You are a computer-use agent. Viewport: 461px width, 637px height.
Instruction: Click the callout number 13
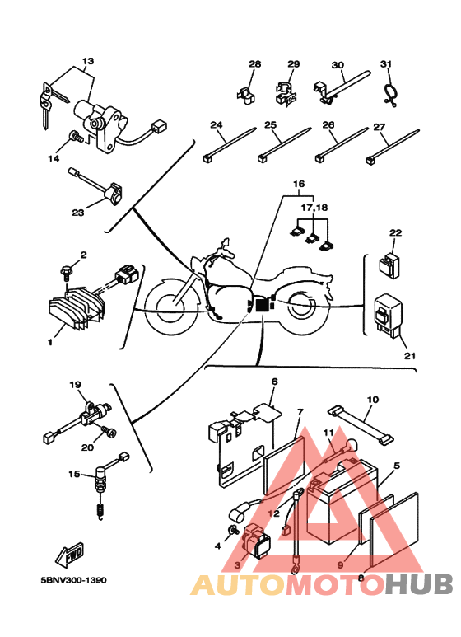(x=88, y=61)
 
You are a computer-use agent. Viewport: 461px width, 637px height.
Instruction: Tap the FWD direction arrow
(x=70, y=555)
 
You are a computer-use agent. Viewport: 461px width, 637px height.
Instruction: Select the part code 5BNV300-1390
(x=73, y=580)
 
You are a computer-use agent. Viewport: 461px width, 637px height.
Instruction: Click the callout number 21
(x=410, y=356)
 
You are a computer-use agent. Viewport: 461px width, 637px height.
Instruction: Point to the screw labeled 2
(x=66, y=271)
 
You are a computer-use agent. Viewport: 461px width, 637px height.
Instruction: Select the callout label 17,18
(x=314, y=208)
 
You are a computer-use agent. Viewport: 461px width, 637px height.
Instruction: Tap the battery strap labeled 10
(x=361, y=425)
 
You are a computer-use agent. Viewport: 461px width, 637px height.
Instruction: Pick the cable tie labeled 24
(x=230, y=145)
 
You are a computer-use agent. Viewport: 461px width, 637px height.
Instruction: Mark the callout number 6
(x=275, y=382)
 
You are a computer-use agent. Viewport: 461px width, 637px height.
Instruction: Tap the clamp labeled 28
(x=246, y=95)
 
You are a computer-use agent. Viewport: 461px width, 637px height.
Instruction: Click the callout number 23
(x=78, y=213)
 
